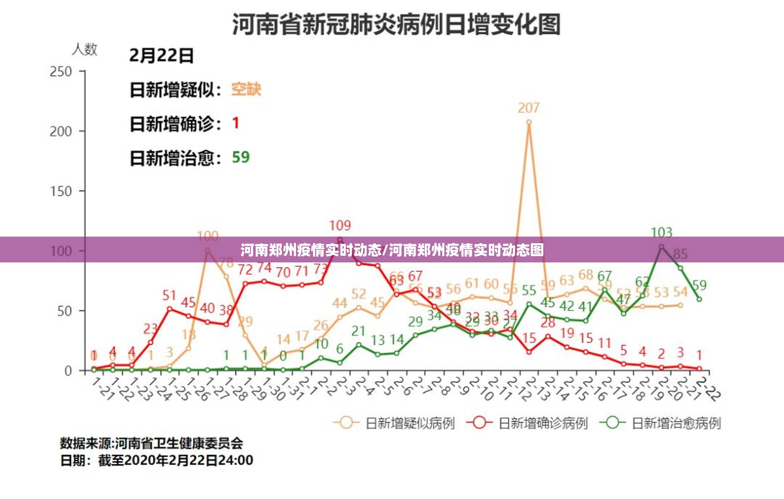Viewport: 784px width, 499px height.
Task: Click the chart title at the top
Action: point(396,24)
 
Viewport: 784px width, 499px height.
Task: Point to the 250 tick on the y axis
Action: point(61,72)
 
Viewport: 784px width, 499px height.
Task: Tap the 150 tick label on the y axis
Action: point(61,192)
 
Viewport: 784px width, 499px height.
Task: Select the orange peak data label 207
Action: point(528,108)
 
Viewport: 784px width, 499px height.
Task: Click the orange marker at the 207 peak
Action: point(529,122)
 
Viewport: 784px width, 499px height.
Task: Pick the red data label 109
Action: point(340,226)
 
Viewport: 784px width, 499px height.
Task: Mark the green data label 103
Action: point(661,232)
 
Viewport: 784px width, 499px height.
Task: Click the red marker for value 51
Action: point(169,309)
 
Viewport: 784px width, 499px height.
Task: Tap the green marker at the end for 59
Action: point(699,299)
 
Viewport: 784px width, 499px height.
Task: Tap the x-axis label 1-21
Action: point(102,389)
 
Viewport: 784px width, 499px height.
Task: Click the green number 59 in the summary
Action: point(241,157)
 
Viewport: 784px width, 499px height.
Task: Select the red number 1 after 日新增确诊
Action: point(236,123)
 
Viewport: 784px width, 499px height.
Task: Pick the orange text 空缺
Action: point(246,89)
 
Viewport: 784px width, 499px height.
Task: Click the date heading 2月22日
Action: point(161,56)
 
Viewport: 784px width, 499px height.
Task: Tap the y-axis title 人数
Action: point(84,49)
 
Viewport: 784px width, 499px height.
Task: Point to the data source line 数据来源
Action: point(151,443)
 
